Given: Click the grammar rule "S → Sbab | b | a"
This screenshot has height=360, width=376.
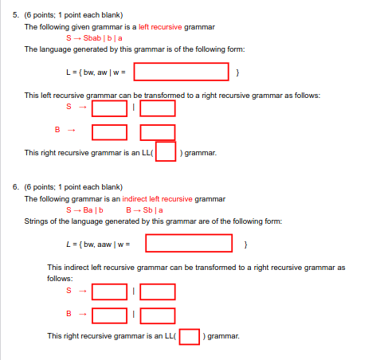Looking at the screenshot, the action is [x=98, y=37].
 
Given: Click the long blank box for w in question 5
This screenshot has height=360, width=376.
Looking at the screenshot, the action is [x=181, y=72].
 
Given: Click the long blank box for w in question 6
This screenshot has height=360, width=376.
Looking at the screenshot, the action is [x=188, y=243].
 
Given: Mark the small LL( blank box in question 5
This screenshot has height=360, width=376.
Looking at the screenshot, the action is [x=166, y=151].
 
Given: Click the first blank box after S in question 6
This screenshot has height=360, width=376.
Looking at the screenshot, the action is [x=109, y=293].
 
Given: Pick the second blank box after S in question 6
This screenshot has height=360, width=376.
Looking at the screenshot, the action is [x=158, y=293].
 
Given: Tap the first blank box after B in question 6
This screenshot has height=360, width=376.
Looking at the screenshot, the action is [x=109, y=315].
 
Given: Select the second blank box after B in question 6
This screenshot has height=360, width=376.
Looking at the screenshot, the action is [x=158, y=315].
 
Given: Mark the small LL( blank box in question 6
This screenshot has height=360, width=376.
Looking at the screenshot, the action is [x=189, y=336].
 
